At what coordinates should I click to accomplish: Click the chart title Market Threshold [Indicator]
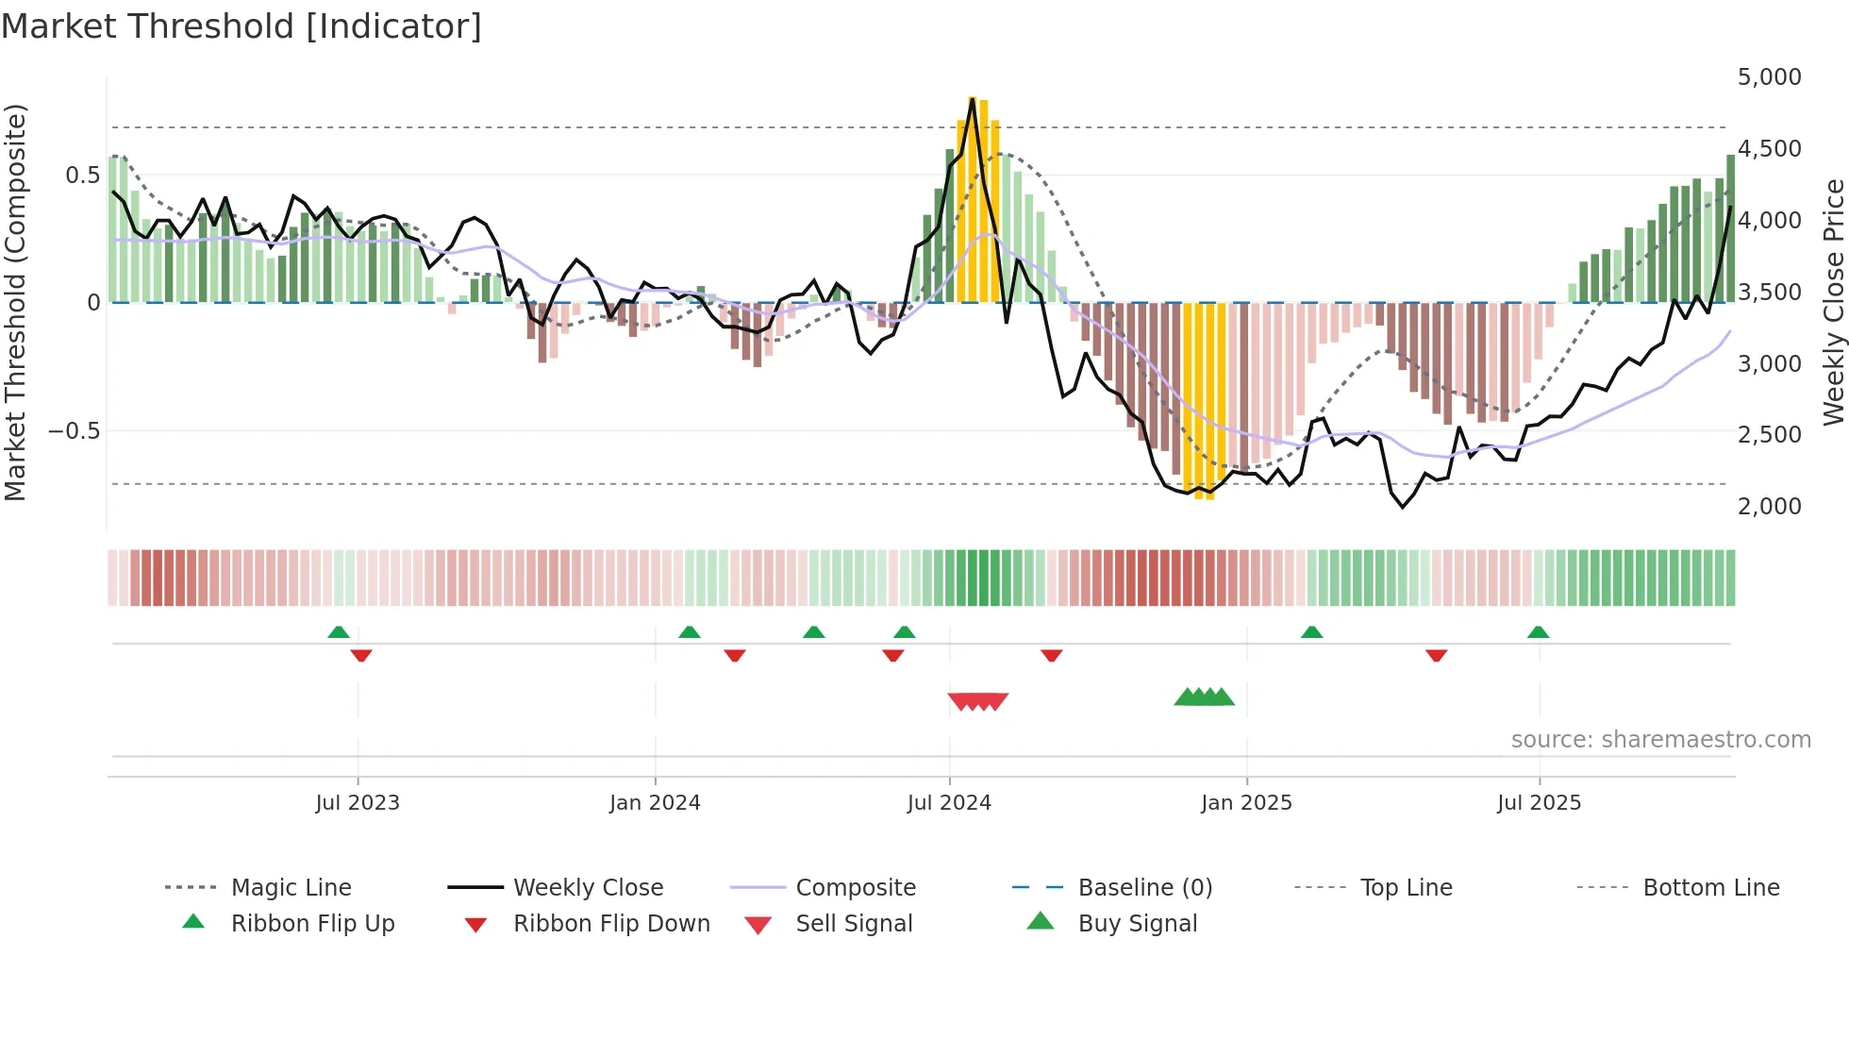click(x=242, y=26)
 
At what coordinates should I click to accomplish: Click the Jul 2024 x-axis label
click(x=949, y=803)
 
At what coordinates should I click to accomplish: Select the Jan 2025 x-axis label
click(x=1246, y=803)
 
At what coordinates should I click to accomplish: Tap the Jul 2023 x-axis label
click(x=358, y=803)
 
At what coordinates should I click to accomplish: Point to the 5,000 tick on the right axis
click(x=1769, y=77)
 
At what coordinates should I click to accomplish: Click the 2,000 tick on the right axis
click(x=1769, y=507)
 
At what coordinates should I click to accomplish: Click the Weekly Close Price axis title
click(x=1833, y=302)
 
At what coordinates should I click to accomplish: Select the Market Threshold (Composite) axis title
click(x=15, y=302)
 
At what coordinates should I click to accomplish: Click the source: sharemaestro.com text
click(x=1660, y=740)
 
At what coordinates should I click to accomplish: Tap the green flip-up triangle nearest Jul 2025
click(x=1538, y=632)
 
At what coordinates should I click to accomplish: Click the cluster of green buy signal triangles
click(x=1204, y=697)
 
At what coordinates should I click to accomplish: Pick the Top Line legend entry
click(x=1406, y=888)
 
